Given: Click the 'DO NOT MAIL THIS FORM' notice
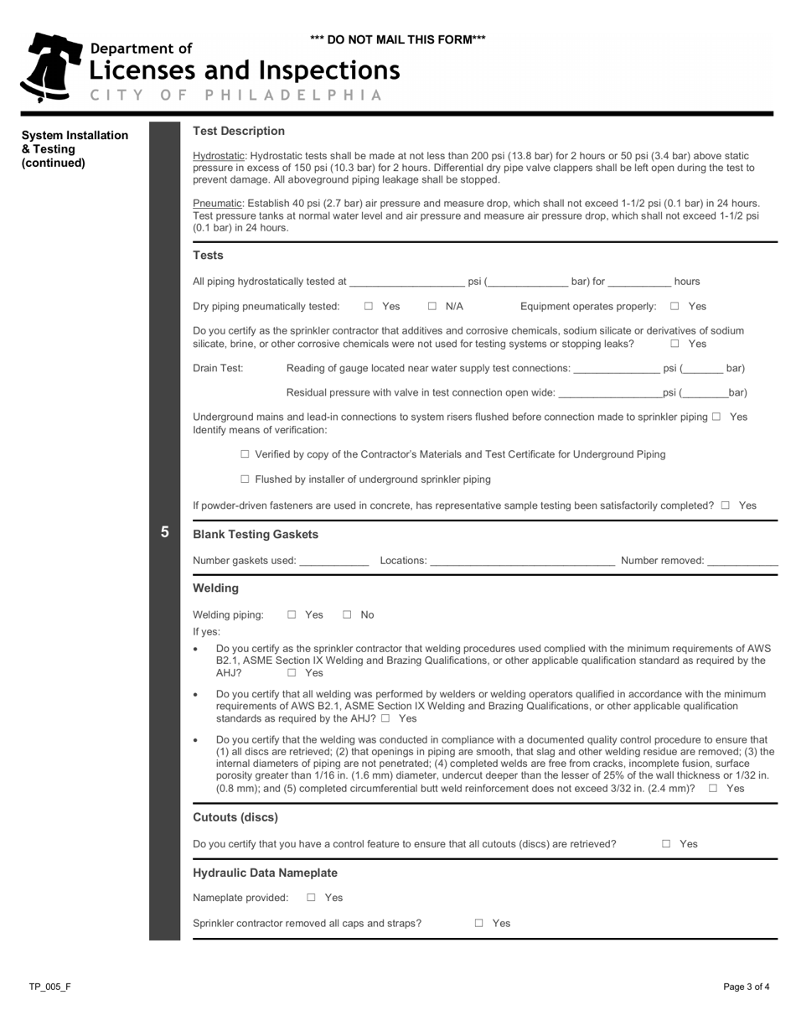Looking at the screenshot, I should click(397, 39).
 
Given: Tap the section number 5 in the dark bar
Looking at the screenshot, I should click(164, 531).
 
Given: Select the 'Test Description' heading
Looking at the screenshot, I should click(239, 131).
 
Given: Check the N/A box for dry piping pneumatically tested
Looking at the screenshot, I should click(432, 307).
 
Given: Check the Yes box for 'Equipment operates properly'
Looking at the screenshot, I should click(675, 307).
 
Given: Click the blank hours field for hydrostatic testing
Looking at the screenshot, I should click(639, 282).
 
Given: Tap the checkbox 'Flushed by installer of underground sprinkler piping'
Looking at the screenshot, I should click(245, 479).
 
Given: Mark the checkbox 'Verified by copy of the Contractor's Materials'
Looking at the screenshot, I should click(245, 454).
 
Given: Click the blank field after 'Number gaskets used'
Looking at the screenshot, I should click(333, 561).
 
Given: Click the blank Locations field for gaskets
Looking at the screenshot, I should click(523, 561).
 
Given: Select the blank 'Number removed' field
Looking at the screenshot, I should click(742, 561).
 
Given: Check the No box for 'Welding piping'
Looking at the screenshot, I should click(347, 615).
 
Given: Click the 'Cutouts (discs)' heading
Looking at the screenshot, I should click(235, 817).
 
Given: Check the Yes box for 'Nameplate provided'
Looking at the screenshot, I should click(311, 898).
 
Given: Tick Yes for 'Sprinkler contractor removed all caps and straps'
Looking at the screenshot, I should click(479, 924).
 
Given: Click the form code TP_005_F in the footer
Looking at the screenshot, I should click(49, 987).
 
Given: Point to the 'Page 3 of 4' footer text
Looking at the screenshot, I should click(747, 987).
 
